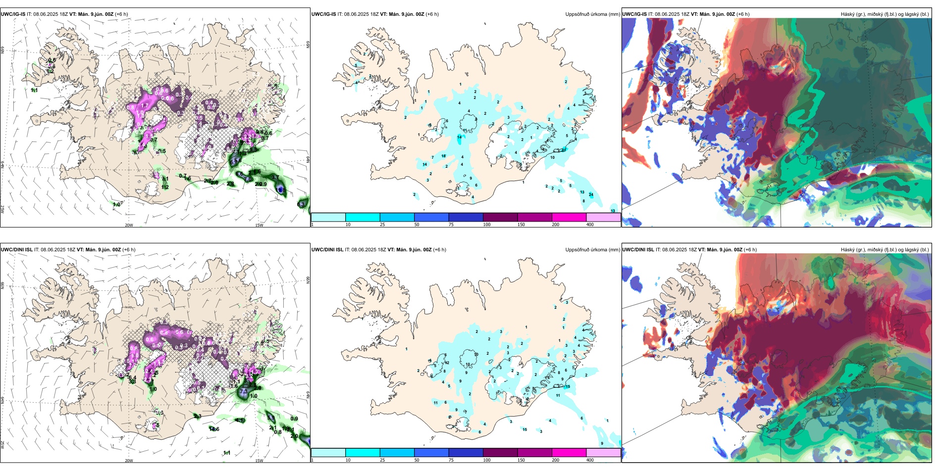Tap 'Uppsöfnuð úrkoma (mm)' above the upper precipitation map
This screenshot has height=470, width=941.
pos(592,14)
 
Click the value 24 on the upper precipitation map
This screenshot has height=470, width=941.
pos(591,195)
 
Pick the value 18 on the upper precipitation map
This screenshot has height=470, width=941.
pos(443,156)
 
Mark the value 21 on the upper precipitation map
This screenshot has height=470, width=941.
pos(563,150)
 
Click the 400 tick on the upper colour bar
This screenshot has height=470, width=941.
pos(590,225)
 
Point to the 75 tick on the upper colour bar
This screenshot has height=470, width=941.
pos(451,225)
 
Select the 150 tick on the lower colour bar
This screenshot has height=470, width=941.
pos(521,460)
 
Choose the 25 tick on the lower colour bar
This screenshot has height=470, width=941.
pos(382,460)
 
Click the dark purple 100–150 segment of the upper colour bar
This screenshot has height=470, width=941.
pos(500,217)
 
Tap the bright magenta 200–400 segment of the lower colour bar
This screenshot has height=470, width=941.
pos(569,453)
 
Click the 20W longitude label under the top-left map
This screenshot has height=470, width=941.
pos(129,225)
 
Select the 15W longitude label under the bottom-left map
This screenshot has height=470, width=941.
pos(259,461)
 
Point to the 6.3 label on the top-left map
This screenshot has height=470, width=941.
pos(301,204)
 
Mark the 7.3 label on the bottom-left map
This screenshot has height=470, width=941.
pos(243,391)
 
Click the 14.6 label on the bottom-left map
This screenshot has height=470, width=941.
pos(214,429)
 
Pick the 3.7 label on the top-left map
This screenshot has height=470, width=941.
pos(275,177)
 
